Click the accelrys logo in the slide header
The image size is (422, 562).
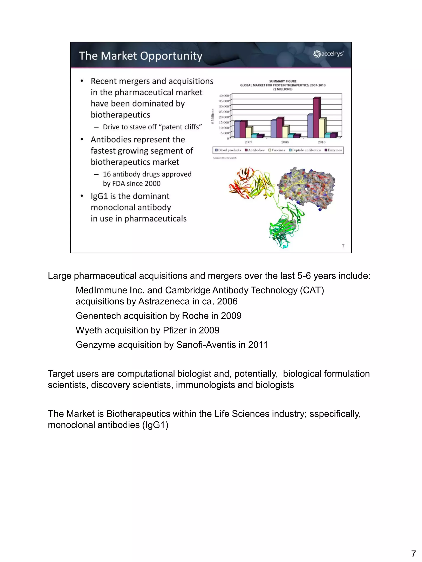pyautogui.click(x=328, y=54)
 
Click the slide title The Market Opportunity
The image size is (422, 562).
pyautogui.click(x=141, y=56)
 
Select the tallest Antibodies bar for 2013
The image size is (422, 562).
pyautogui.click(x=316, y=118)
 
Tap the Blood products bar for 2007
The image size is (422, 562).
pyautogui.click(x=237, y=129)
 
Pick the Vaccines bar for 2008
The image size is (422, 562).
pyautogui.click(x=285, y=132)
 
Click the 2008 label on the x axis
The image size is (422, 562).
pyautogui.click(x=285, y=142)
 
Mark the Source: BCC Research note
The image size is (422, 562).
pyautogui.click(x=225, y=158)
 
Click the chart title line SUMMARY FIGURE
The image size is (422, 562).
pyautogui.click(x=283, y=81)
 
